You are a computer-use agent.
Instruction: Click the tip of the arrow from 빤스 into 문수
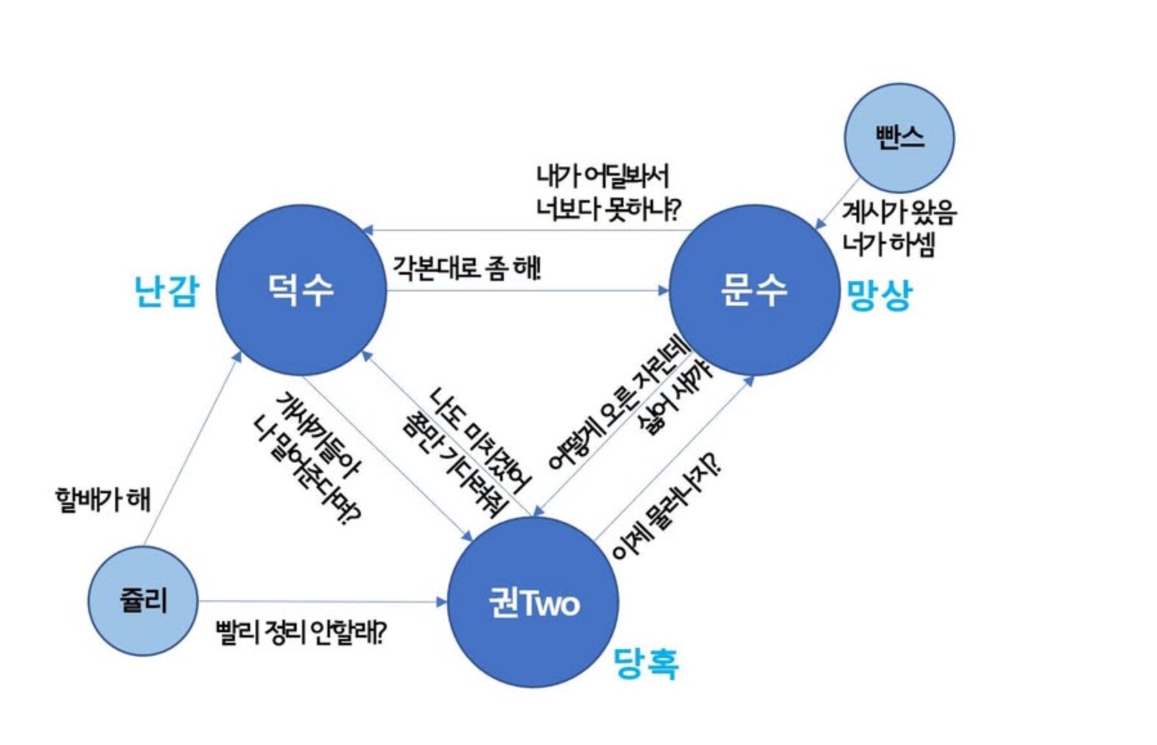pyautogui.click(x=815, y=229)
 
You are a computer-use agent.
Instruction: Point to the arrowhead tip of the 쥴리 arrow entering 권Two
pyautogui.click(x=448, y=602)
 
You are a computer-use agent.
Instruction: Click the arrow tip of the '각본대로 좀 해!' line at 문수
pyautogui.click(x=669, y=290)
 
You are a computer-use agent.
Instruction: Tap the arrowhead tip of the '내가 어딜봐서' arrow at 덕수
pyautogui.click(x=362, y=230)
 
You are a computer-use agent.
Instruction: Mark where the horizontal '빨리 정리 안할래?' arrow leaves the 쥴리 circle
pyautogui.click(x=198, y=602)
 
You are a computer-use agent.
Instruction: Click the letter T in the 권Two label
pyautogui.click(x=526, y=603)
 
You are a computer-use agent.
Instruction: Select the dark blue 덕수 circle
pyautogui.click(x=301, y=290)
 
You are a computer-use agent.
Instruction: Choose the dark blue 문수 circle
pyautogui.click(x=754, y=290)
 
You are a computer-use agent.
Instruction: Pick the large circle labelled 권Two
pyautogui.click(x=533, y=602)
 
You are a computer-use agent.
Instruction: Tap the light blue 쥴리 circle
pyautogui.click(x=143, y=601)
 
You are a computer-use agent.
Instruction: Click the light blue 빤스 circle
pyautogui.click(x=900, y=138)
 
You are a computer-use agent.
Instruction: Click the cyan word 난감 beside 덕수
pyautogui.click(x=167, y=291)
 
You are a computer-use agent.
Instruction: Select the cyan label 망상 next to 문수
pyautogui.click(x=879, y=295)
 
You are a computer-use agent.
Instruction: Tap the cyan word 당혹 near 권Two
pyautogui.click(x=646, y=663)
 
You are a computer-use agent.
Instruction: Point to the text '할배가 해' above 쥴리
pyautogui.click(x=103, y=500)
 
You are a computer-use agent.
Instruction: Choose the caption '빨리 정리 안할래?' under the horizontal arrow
pyautogui.click(x=301, y=633)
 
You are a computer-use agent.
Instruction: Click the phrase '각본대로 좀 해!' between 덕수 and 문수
pyautogui.click(x=467, y=267)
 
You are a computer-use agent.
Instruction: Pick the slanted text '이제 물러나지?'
pyautogui.click(x=666, y=506)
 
